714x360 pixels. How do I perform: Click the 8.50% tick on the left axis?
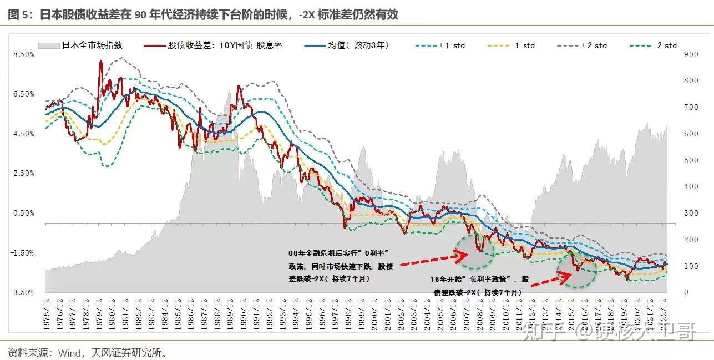23,54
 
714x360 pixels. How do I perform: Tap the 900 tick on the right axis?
690,54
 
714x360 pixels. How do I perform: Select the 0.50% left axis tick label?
23,213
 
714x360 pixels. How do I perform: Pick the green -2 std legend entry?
654,45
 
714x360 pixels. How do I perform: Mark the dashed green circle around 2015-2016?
577,269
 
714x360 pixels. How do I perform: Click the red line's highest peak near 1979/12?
100,62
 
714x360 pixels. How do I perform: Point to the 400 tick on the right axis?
690,187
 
